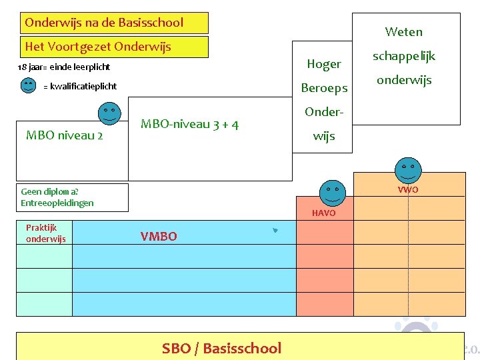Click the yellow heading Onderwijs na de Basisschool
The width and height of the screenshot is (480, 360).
point(104,23)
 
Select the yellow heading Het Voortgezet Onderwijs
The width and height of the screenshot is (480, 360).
point(98,47)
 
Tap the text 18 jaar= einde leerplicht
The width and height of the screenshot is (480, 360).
point(63,67)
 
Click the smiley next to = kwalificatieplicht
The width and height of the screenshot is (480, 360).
point(28,85)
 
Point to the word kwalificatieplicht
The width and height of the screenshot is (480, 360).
point(83,86)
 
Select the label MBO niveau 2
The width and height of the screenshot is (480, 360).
point(64,135)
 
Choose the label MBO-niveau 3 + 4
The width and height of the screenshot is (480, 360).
point(190,124)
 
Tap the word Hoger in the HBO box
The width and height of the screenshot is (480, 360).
point(324,64)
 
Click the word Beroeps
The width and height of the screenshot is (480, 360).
point(324,88)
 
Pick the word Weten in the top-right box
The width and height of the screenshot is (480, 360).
point(403,31)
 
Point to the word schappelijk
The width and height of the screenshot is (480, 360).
point(403,56)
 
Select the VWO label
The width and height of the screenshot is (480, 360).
point(408,190)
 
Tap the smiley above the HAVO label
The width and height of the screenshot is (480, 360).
point(332,192)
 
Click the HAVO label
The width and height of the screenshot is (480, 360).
point(323,213)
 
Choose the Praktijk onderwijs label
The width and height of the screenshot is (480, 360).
point(45,233)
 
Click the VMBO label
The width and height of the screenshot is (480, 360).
point(159,236)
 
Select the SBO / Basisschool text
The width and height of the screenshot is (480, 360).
point(221,348)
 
